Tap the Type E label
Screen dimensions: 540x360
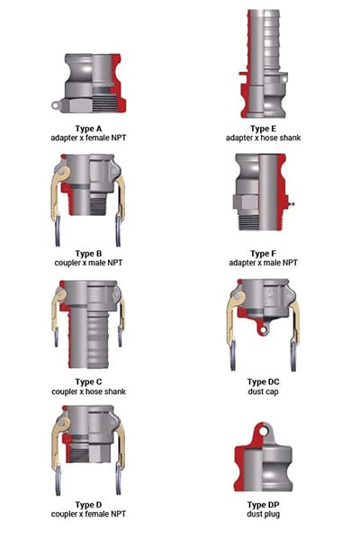[262, 128]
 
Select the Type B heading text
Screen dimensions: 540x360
[90, 253]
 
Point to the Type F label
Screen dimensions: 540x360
[262, 253]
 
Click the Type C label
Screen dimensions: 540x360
[90, 381]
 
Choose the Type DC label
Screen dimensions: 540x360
[262, 381]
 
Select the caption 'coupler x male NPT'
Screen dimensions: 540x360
[90, 263]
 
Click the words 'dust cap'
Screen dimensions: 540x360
[262, 391]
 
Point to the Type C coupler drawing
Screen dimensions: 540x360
[90, 328]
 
